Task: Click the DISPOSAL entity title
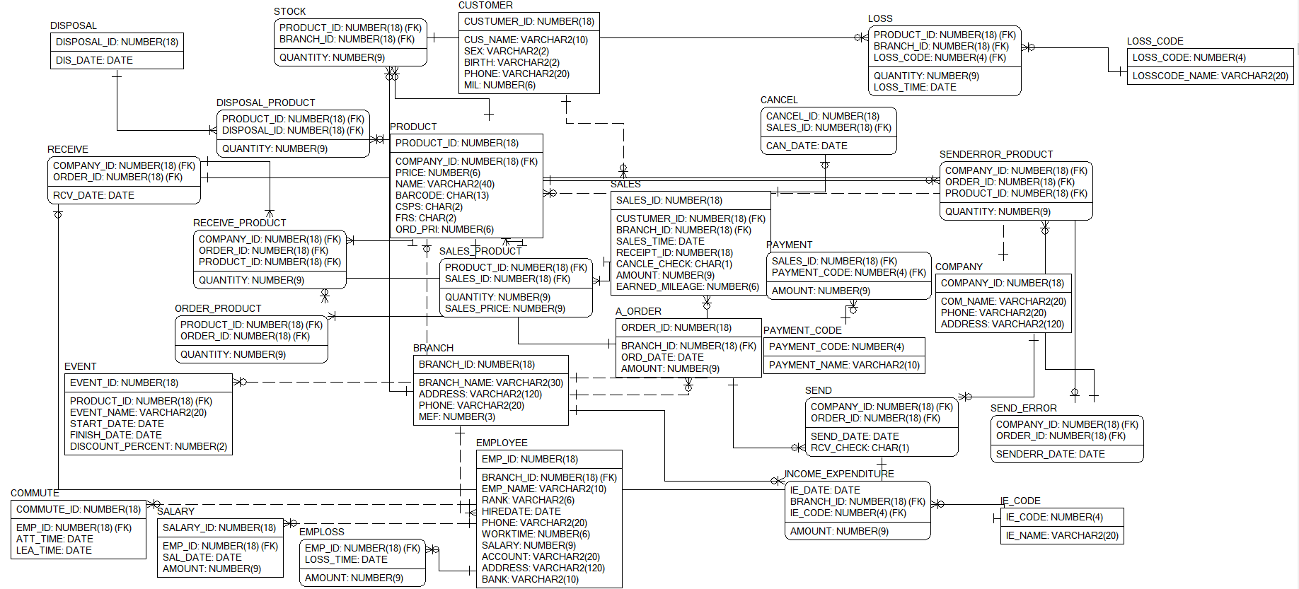click(74, 25)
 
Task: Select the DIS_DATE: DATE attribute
click(94, 60)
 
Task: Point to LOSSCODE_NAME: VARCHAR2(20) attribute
click(1210, 76)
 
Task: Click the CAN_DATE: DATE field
click(807, 146)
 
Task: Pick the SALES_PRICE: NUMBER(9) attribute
click(504, 308)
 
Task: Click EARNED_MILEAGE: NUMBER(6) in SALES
click(687, 286)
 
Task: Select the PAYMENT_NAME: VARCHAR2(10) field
click(844, 365)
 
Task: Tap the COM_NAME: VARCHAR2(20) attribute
click(1003, 301)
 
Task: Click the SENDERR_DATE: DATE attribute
click(1050, 454)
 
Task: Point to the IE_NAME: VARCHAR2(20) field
click(1062, 535)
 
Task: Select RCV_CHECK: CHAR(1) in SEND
click(860, 448)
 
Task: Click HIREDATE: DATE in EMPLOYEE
click(521, 511)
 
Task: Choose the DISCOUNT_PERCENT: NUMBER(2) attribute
click(149, 446)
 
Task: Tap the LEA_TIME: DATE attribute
click(54, 550)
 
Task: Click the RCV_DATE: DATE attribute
click(93, 195)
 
